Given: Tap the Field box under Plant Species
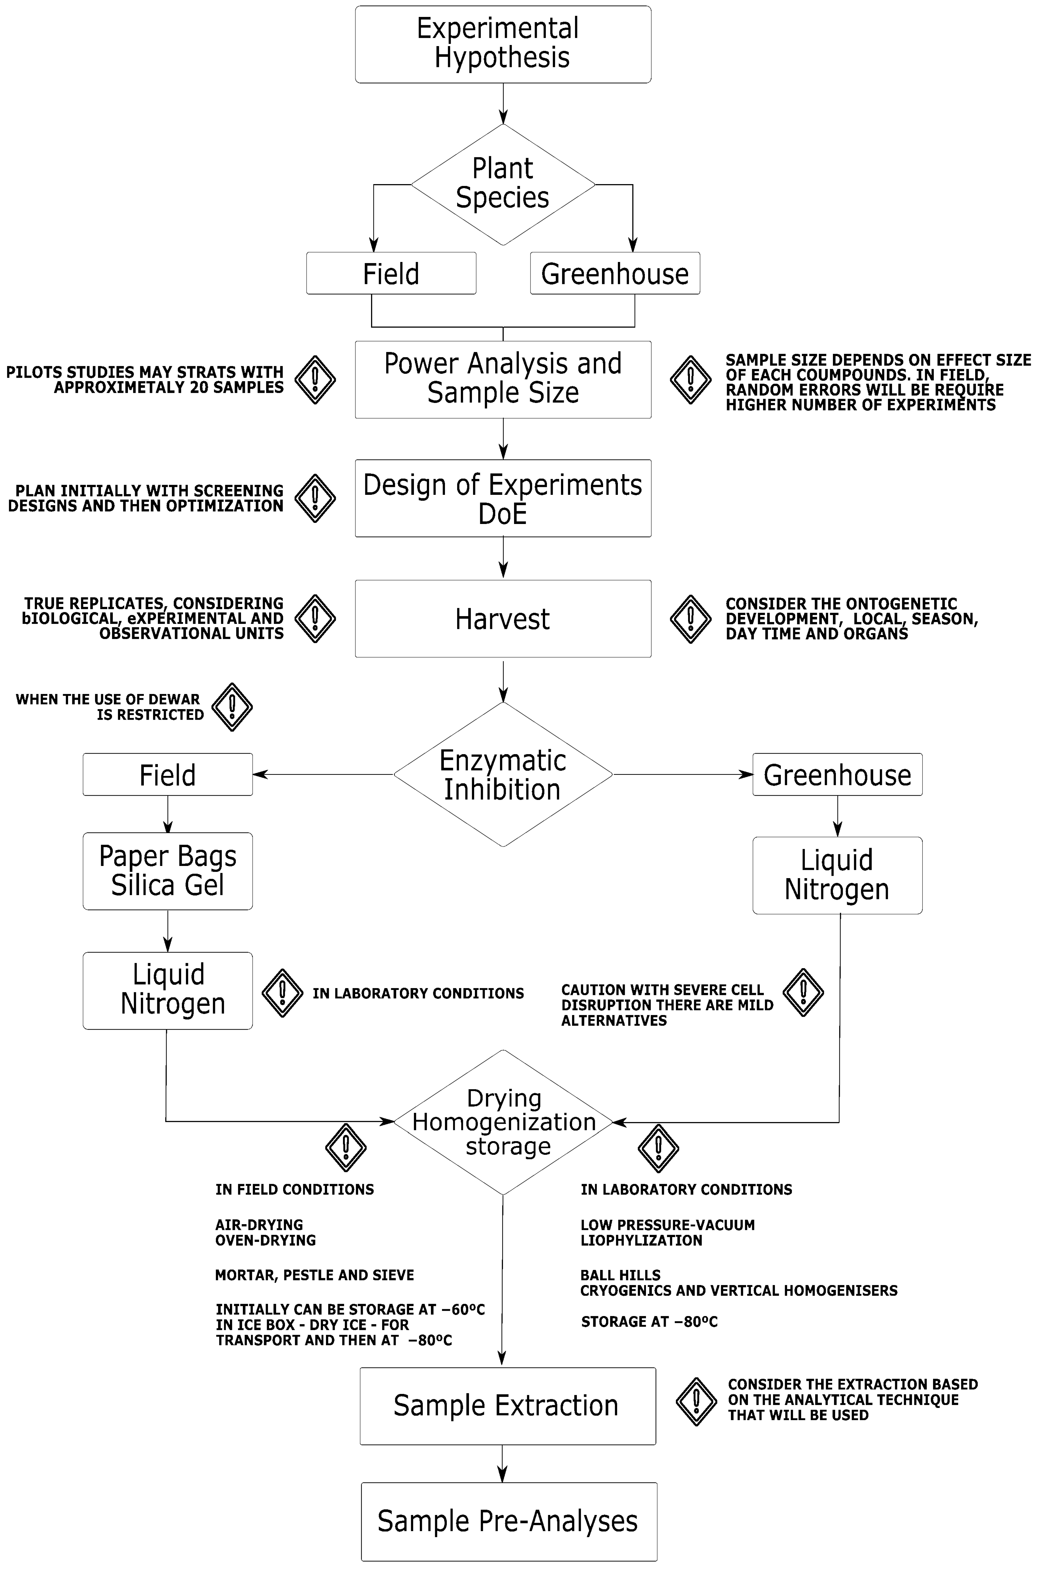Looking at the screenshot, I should pyautogui.click(x=391, y=273).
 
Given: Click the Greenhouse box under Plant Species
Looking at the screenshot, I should pyautogui.click(x=615, y=273).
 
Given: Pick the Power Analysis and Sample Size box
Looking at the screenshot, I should pyautogui.click(x=503, y=379).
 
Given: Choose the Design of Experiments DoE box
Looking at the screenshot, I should pyautogui.click(x=503, y=498).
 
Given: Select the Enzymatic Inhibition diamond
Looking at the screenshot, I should pyautogui.click(x=503, y=774).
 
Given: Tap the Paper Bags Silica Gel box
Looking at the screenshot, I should pyautogui.click(x=168, y=871).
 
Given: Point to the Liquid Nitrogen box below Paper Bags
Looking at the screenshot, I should pyautogui.click(x=168, y=990).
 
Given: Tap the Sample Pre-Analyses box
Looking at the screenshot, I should pyautogui.click(x=508, y=1521).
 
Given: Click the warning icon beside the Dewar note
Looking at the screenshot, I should pyautogui.click(x=232, y=707).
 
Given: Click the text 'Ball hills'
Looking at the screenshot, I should pyautogui.click(x=620, y=1275).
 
